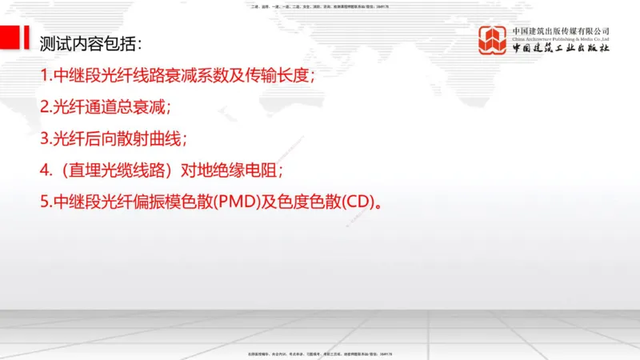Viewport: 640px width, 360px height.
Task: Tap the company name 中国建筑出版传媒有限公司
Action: [x=561, y=30]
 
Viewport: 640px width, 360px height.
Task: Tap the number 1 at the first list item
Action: [x=44, y=77]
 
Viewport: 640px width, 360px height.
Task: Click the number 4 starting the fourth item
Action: [x=45, y=170]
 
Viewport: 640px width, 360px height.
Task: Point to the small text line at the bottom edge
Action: [x=320, y=354]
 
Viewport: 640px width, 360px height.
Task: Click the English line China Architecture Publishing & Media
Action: [x=561, y=38]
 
